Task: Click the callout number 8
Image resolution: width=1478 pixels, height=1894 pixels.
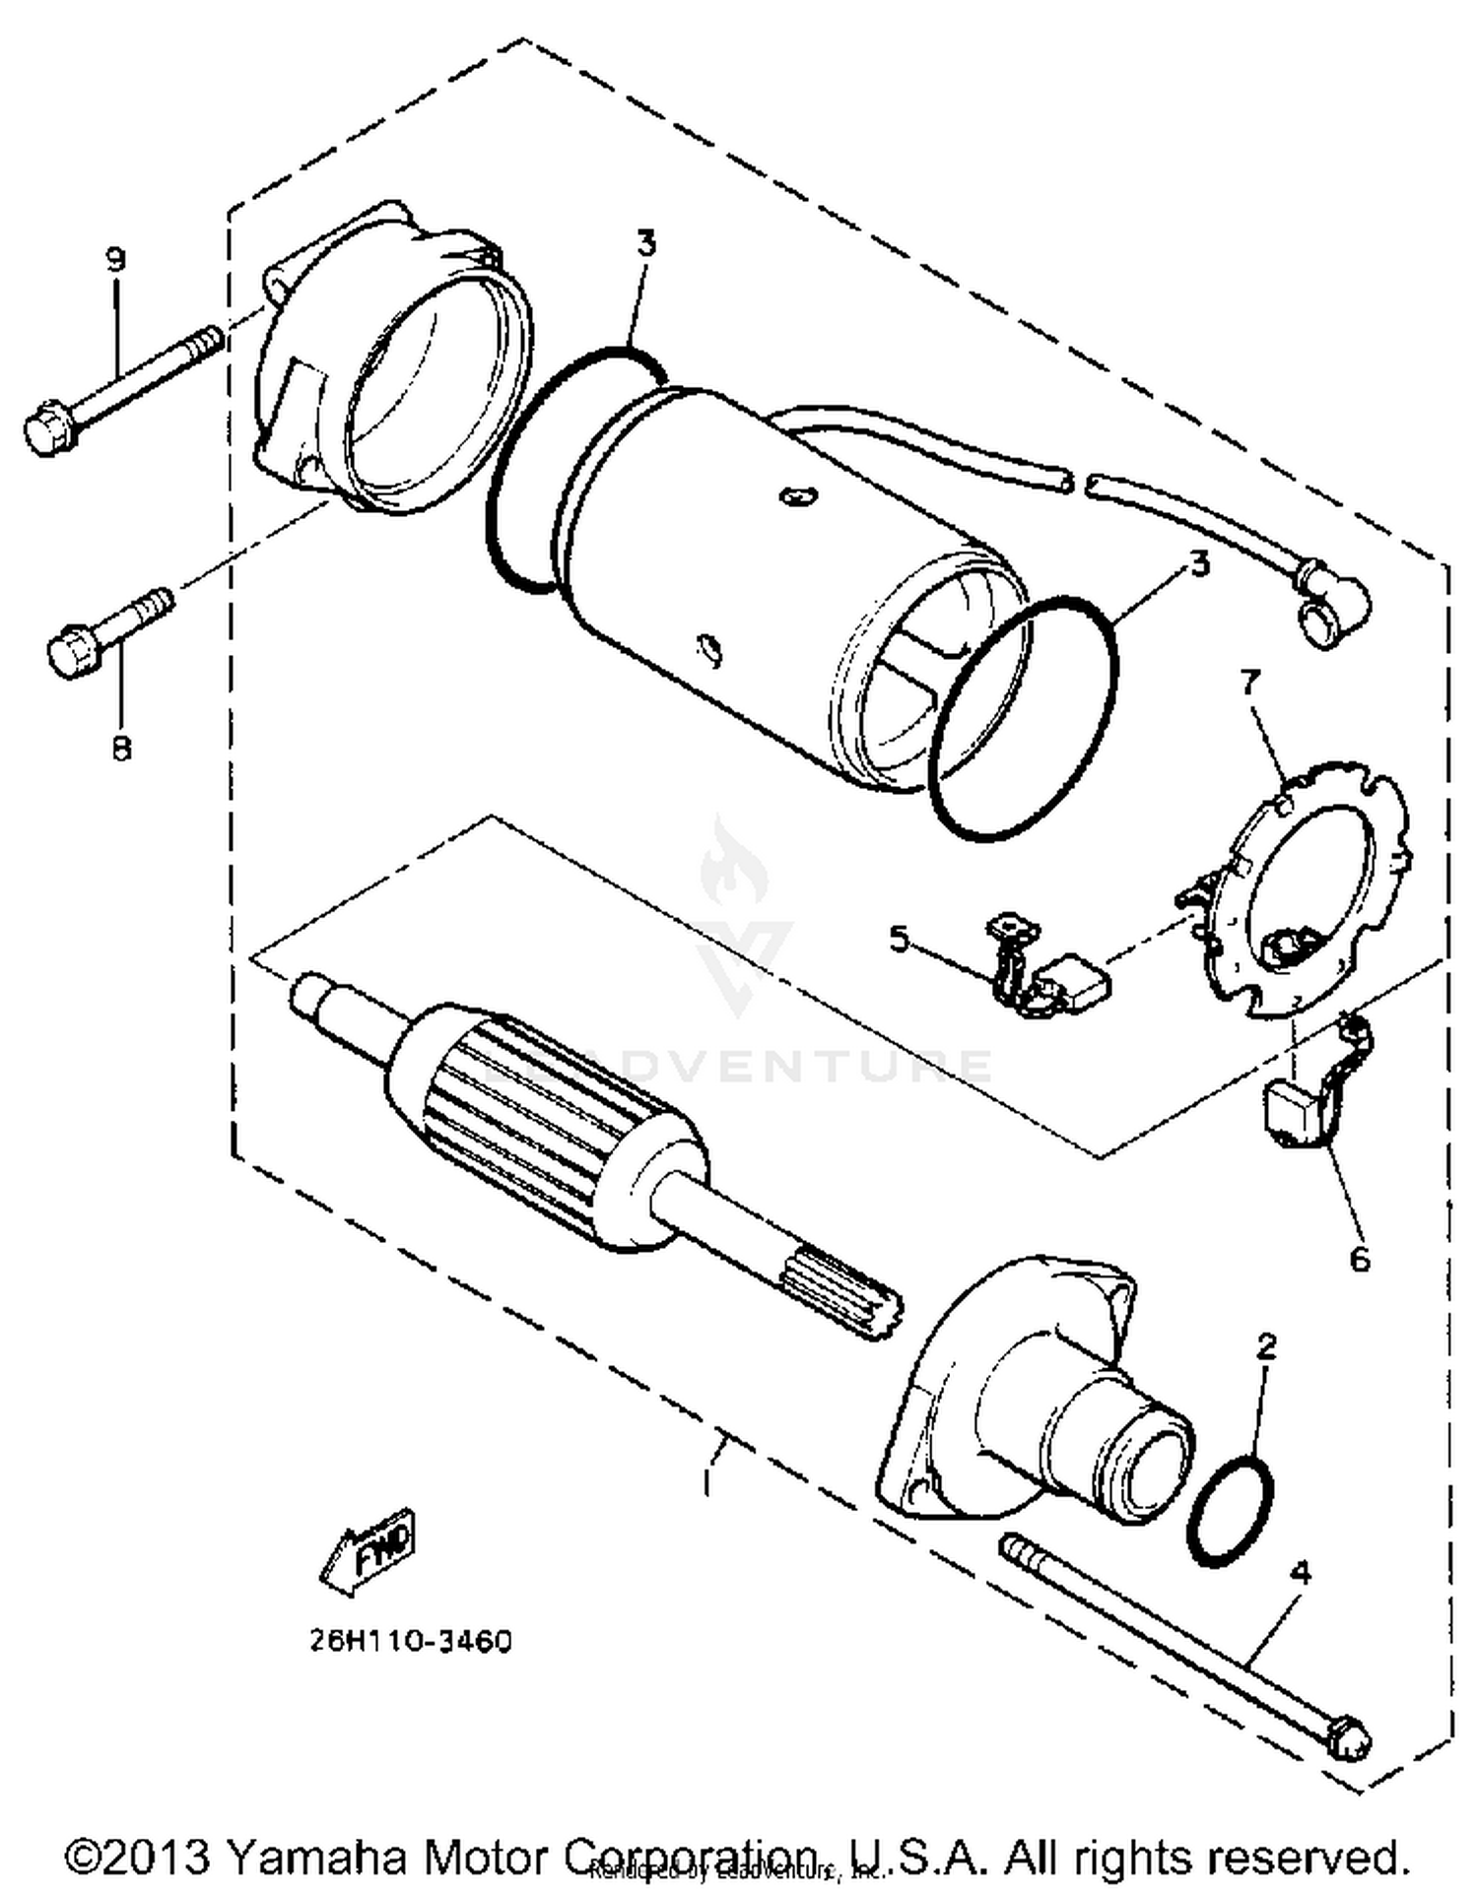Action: pos(120,749)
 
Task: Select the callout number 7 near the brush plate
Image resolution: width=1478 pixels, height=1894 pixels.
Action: pos(1250,681)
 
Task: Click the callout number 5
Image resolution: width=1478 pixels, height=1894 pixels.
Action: pos(900,938)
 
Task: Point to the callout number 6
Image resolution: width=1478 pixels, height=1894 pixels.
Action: pos(1360,1258)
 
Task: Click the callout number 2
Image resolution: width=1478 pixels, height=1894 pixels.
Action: pos(1267,1346)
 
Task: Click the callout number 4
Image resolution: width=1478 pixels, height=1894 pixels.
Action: pos(1301,1573)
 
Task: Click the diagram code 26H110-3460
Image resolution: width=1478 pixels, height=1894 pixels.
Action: pos(410,1642)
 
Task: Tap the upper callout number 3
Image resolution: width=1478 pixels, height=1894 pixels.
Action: pos(645,243)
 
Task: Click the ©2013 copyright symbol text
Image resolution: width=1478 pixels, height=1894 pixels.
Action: pos(138,1857)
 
